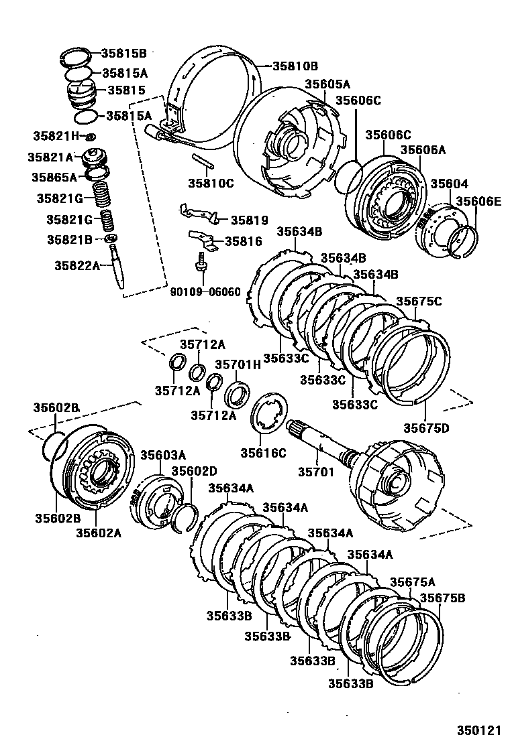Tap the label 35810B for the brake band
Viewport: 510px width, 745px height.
point(295,66)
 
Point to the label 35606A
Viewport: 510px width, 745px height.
point(423,150)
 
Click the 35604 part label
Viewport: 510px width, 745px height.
point(449,184)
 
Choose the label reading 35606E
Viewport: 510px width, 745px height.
point(478,200)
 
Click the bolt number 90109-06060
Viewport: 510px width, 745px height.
point(204,292)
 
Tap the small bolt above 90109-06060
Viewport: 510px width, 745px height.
point(199,263)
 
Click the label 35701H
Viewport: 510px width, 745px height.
point(237,364)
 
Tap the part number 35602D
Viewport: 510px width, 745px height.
point(194,471)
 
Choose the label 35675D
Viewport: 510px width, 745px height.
point(425,427)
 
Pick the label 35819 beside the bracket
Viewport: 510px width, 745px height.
point(249,220)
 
